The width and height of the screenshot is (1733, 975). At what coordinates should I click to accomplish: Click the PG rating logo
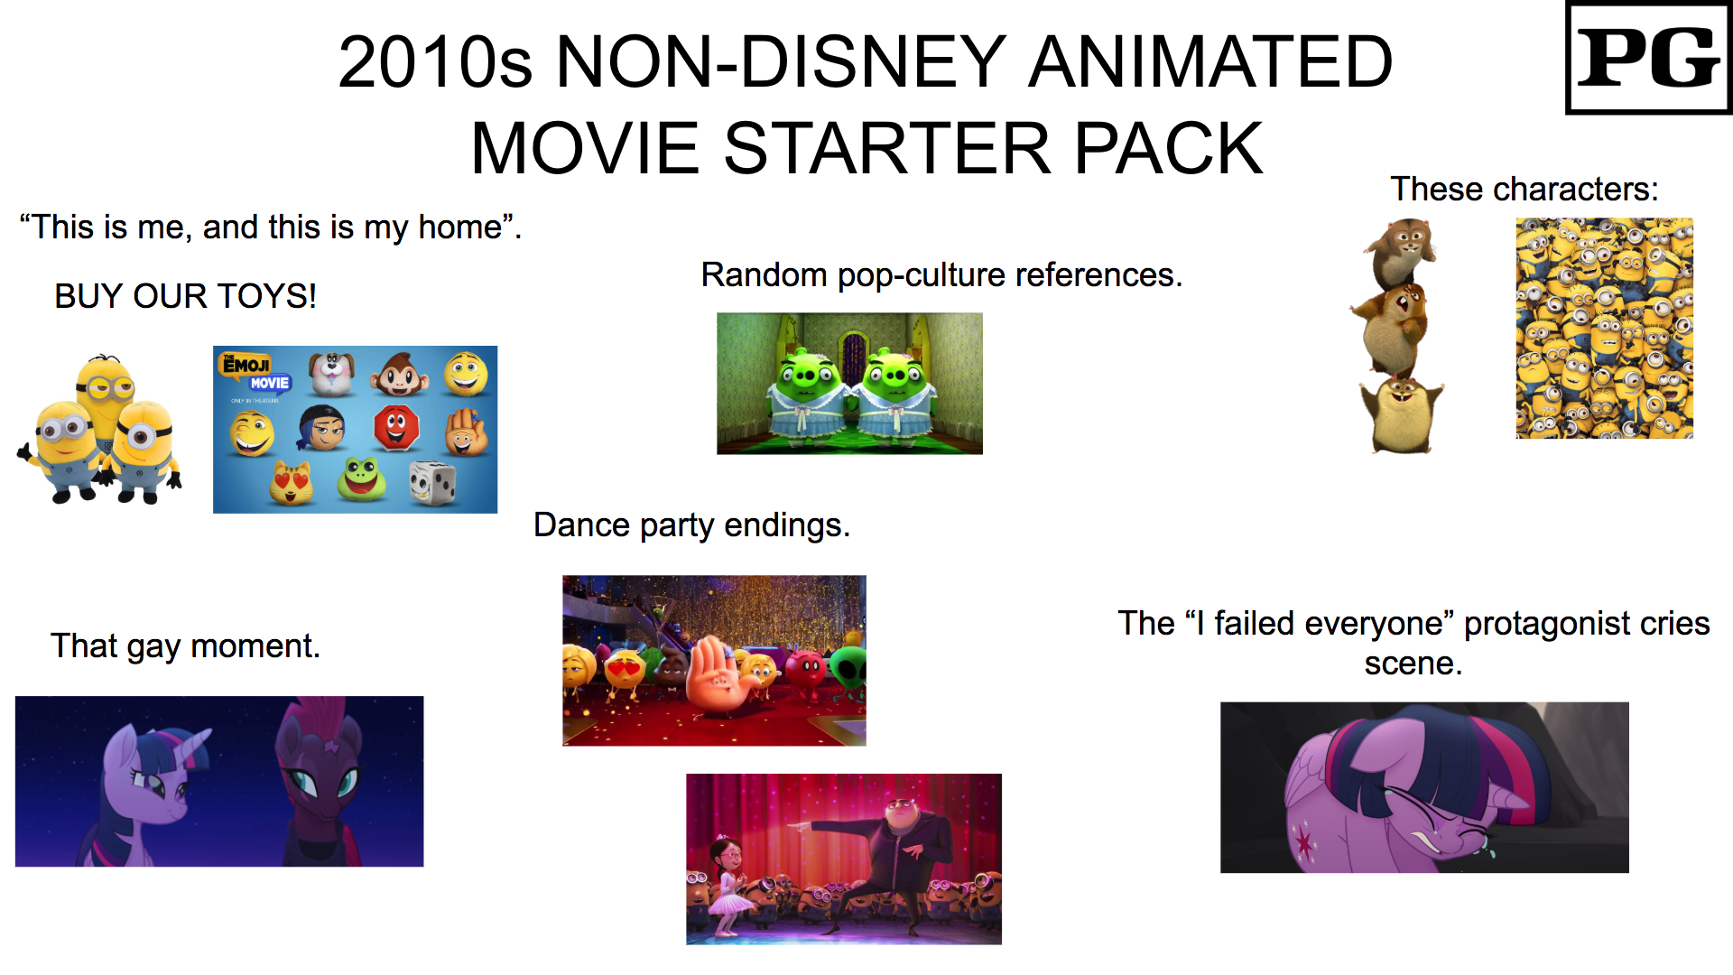point(1647,59)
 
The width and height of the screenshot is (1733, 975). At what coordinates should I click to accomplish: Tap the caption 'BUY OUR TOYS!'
point(185,296)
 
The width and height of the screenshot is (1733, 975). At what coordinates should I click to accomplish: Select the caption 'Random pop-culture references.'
point(941,274)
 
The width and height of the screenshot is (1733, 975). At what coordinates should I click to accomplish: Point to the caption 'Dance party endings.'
point(691,525)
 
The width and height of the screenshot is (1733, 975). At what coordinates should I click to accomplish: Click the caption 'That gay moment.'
point(185,645)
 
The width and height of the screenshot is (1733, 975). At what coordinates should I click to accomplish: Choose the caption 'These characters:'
point(1524,189)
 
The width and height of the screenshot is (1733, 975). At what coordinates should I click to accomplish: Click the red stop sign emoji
point(396,427)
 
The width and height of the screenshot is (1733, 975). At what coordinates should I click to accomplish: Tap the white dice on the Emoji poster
point(431,482)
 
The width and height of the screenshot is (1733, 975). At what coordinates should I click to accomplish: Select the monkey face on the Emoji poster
point(398,374)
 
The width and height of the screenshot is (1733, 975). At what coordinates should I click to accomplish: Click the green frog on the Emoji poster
point(361,478)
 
